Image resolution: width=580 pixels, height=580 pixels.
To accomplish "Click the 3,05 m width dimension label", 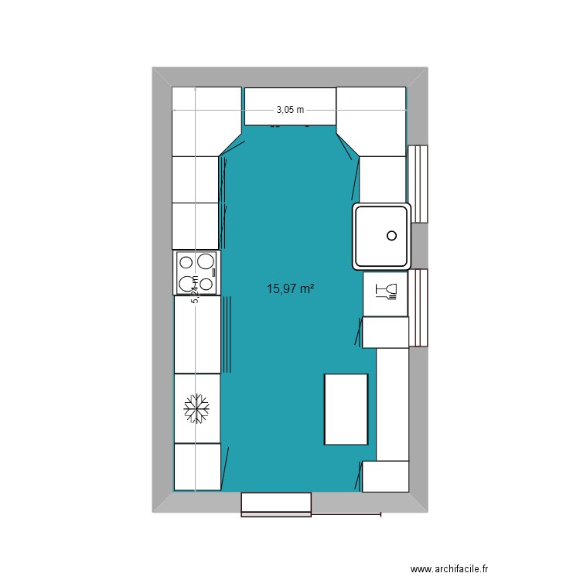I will pyautogui.click(x=290, y=110).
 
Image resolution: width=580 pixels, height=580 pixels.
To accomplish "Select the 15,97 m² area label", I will pyautogui.click(x=290, y=289).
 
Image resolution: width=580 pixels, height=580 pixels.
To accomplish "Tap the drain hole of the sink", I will pyautogui.click(x=391, y=235).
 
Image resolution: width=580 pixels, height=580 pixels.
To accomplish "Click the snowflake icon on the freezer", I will pyautogui.click(x=197, y=408).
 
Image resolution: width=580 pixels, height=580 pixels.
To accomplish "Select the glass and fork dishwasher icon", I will pyautogui.click(x=385, y=292).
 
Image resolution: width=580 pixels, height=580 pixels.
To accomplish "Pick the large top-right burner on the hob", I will pyautogui.click(x=206, y=261).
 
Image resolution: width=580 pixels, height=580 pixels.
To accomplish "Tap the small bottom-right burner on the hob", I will pyautogui.click(x=207, y=284).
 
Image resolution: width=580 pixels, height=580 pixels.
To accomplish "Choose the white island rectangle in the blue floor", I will pyautogui.click(x=346, y=409).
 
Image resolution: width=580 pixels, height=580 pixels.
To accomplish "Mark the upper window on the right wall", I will pyautogui.click(x=418, y=183).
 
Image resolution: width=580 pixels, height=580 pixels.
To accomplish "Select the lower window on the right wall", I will pyautogui.click(x=418, y=308).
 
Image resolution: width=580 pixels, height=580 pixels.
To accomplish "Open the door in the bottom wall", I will pyautogui.click(x=276, y=503).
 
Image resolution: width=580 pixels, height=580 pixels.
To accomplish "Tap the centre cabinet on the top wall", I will pyautogui.click(x=290, y=105).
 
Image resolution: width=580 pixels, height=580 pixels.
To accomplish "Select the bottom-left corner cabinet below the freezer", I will pyautogui.click(x=197, y=466).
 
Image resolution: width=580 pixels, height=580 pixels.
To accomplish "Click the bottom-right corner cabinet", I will pyautogui.click(x=385, y=476).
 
